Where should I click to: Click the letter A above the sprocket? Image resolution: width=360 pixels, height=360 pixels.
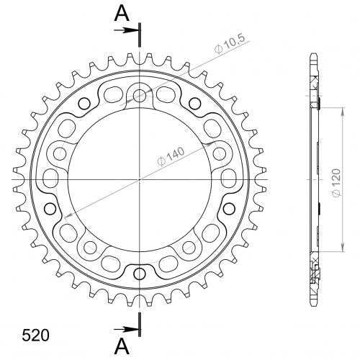(x=122, y=13)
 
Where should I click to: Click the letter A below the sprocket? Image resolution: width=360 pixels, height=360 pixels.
(x=122, y=347)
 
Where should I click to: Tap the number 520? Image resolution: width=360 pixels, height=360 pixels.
(x=35, y=336)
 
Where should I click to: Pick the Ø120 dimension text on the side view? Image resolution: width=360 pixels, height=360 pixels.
(x=337, y=183)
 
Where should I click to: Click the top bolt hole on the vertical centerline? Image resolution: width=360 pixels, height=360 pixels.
(x=140, y=94)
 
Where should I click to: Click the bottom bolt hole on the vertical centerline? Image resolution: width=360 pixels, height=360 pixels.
(x=140, y=274)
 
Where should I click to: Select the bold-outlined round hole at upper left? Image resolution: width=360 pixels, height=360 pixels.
(x=84, y=104)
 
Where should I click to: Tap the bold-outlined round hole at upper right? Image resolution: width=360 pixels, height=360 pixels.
(x=194, y=104)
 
